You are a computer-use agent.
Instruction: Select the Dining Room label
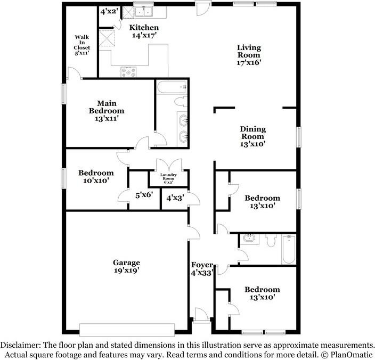[x=252, y=136]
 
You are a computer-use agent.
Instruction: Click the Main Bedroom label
[x=107, y=111]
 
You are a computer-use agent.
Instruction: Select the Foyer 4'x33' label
[x=202, y=268]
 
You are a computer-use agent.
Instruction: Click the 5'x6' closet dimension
[x=143, y=195]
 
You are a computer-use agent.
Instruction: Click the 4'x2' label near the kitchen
[x=109, y=11]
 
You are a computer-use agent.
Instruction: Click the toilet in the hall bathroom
[x=270, y=241]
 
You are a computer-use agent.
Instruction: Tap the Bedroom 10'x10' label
[x=96, y=177]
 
